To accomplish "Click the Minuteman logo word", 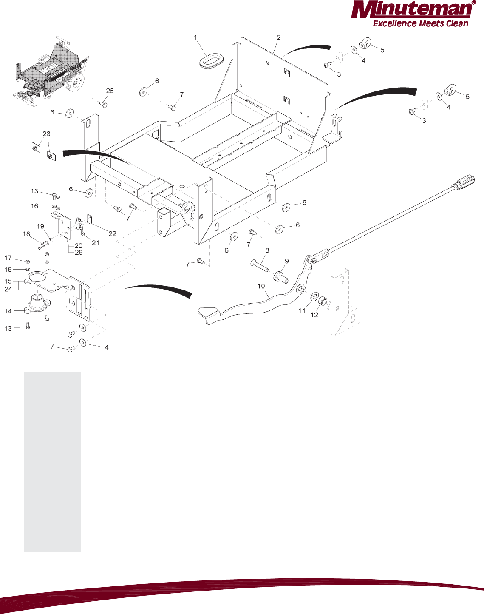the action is pos(410,10).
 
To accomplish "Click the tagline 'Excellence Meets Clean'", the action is pos(420,24).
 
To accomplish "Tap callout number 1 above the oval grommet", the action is pos(196,38).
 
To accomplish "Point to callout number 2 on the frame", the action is pos(279,37).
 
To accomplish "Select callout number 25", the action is pos(110,91).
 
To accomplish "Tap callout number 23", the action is pos(46,134).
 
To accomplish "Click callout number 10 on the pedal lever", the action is pos(261,286).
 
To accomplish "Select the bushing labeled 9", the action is pos(282,276).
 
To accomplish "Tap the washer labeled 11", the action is pos(315,296).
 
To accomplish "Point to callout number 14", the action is pos(8,311).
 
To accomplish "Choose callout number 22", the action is pos(112,233).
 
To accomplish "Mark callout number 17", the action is pos(8,258).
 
